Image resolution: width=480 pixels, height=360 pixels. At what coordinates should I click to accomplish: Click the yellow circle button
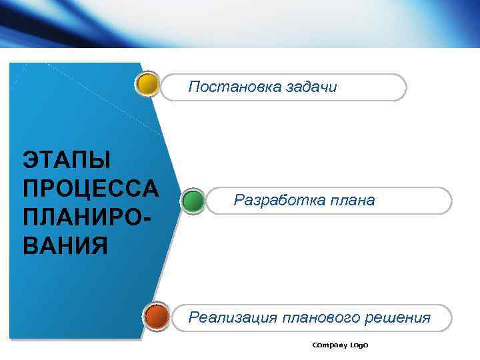click(x=147, y=85)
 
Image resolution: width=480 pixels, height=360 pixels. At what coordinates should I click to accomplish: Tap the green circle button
click(x=193, y=201)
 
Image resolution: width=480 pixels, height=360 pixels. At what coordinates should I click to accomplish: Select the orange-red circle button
click(x=157, y=316)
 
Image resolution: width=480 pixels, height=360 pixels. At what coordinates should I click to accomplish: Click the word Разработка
click(x=274, y=200)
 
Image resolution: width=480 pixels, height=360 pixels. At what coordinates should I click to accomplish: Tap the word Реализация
click(x=233, y=317)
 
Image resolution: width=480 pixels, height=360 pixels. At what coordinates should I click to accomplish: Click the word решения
click(x=397, y=317)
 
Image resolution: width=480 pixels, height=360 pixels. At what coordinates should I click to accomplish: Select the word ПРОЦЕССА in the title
click(x=90, y=189)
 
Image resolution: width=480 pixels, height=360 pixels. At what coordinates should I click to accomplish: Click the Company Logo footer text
click(x=340, y=345)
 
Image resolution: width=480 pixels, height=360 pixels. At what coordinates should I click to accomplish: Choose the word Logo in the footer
click(x=359, y=345)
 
